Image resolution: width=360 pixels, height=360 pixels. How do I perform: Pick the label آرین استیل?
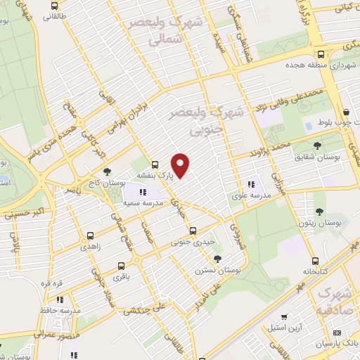[284, 328]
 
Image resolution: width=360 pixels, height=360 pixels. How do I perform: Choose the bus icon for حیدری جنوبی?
[193, 231]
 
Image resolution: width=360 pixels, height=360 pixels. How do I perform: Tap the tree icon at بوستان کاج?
[107, 171]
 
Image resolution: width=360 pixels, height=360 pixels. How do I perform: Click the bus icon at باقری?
[121, 266]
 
